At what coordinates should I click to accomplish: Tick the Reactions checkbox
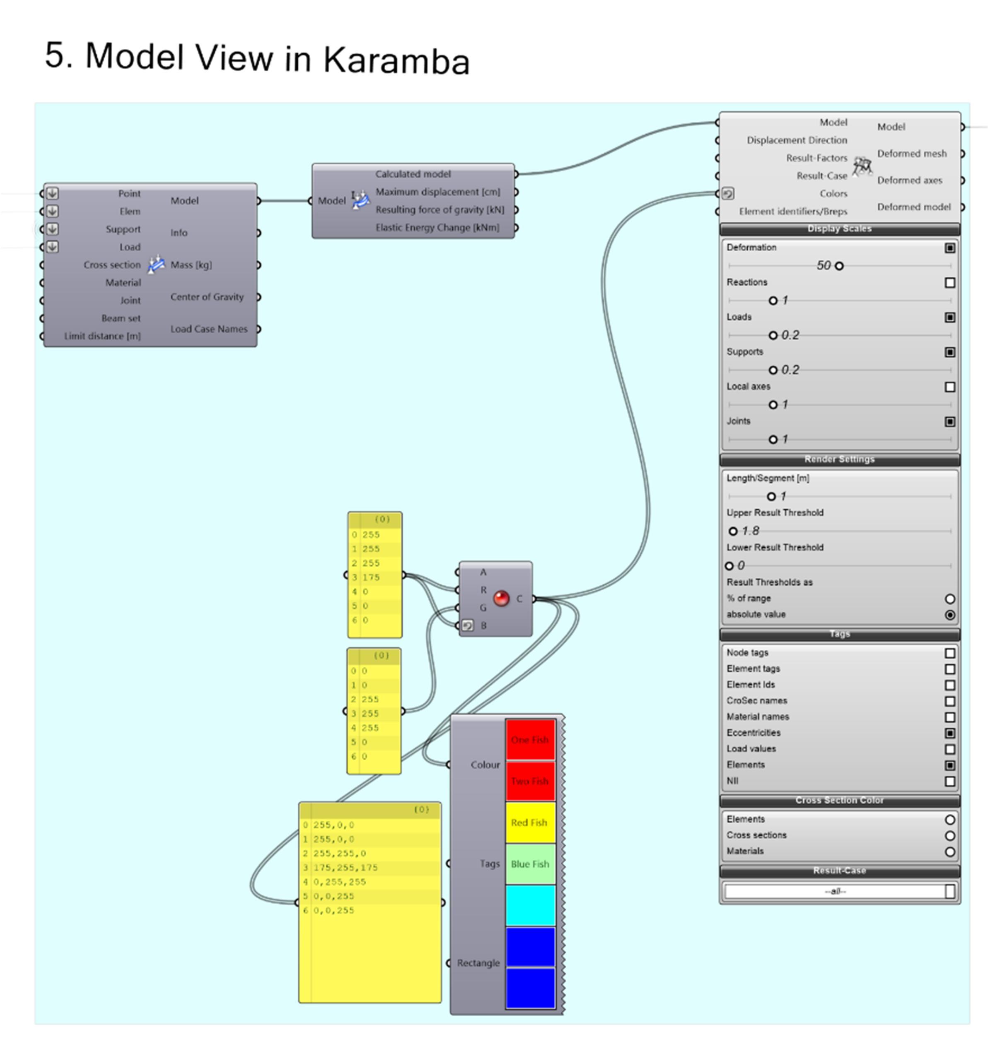click(949, 283)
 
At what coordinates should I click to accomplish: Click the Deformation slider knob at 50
click(839, 266)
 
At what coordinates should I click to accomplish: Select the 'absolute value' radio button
click(949, 615)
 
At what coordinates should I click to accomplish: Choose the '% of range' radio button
click(949, 599)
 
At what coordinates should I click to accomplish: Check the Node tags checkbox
click(949, 653)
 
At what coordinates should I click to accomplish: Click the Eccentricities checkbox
click(949, 733)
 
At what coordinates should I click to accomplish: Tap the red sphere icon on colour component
click(501, 599)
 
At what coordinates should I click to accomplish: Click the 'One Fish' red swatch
click(530, 739)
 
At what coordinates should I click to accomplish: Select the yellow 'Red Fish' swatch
click(530, 823)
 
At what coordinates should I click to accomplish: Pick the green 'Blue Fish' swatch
click(530, 864)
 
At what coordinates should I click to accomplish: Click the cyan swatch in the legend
click(530, 905)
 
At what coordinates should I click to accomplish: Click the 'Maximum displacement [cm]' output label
click(437, 192)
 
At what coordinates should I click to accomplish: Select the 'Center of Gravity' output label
click(207, 297)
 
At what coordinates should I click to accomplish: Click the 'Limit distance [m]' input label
click(102, 336)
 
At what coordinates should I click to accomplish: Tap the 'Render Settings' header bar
click(839, 459)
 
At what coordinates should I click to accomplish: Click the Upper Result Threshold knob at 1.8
click(732, 531)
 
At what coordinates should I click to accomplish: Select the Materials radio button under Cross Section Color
click(949, 851)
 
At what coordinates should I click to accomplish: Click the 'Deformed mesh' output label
click(912, 154)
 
